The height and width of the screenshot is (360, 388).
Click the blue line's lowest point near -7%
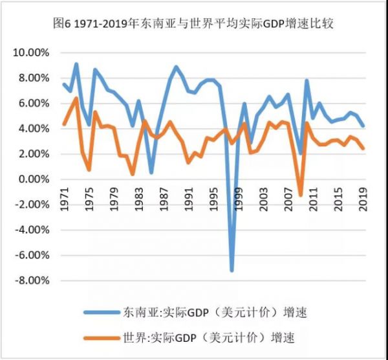point(232,270)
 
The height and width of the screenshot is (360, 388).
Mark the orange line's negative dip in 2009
point(300,194)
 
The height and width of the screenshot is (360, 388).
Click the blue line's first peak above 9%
point(76,64)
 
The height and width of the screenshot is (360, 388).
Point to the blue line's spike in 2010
point(307,80)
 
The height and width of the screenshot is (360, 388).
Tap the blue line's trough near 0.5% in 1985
point(151,173)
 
